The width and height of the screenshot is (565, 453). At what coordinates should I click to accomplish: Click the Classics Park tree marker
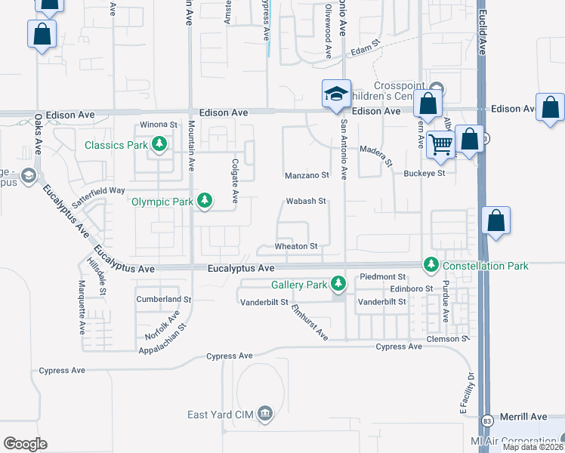(159, 144)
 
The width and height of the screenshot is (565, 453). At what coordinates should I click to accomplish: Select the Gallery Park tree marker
(338, 285)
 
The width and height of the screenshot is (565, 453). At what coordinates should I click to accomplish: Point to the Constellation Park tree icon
(431, 265)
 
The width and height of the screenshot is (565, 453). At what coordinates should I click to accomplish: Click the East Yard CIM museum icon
(264, 413)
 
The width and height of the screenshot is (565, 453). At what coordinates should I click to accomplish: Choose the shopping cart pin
(440, 143)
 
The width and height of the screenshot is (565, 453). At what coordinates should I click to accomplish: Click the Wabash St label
(305, 202)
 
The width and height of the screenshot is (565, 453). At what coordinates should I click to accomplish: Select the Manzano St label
(307, 175)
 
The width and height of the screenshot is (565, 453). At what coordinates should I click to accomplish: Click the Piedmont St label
(383, 276)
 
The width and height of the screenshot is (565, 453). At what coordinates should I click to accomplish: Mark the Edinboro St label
(411, 288)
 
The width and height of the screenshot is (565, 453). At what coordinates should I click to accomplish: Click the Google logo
(25, 444)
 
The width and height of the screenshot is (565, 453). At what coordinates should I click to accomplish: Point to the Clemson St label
(445, 339)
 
